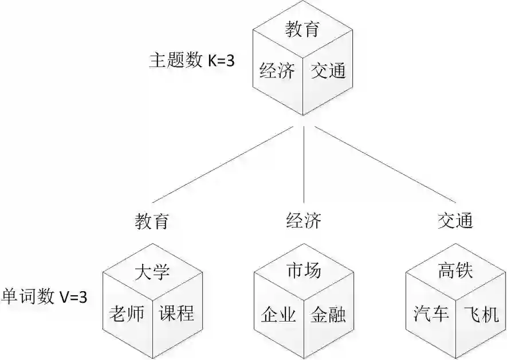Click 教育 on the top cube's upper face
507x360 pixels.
[x=302, y=29]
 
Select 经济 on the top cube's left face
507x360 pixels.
[x=277, y=71]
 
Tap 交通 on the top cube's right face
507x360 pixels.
[x=328, y=71]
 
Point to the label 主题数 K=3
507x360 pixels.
[x=191, y=61]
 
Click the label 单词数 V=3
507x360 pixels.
[x=45, y=296]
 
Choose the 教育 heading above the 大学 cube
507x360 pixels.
[x=152, y=221]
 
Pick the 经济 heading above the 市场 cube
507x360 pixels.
[x=304, y=221]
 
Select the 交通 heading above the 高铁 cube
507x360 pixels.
[x=455, y=221]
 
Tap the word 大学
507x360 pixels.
[x=152, y=272]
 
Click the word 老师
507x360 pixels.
[x=127, y=313]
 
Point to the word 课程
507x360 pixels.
[x=176, y=313]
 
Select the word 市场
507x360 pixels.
[x=304, y=271]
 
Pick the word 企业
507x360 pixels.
[x=278, y=315]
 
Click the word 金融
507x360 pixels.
[x=328, y=315]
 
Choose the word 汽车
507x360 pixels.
[x=431, y=314]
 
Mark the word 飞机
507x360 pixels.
[x=481, y=314]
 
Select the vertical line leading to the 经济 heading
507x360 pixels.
[x=304, y=166]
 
